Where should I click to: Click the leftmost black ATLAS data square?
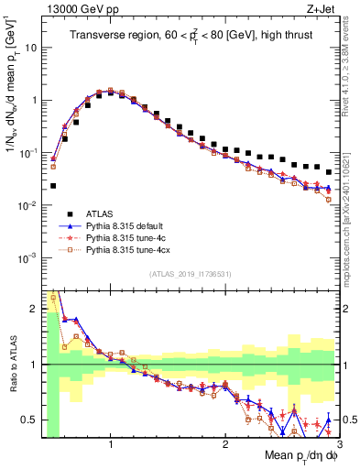coord(53,185)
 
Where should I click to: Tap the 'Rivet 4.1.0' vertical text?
coord(348,69)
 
